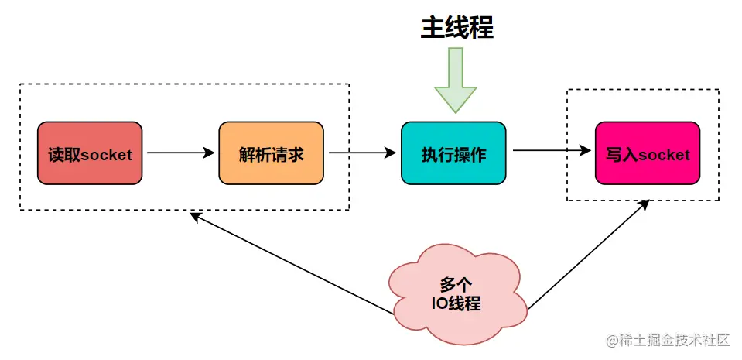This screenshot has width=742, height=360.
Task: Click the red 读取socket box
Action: (x=90, y=153)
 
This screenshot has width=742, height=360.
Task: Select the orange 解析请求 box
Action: (x=271, y=153)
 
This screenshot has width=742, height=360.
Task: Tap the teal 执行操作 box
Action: (x=453, y=153)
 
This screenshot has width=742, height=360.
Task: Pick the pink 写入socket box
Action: (x=648, y=153)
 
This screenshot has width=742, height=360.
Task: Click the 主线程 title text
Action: (x=456, y=28)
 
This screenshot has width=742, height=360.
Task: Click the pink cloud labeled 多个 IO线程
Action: (x=456, y=290)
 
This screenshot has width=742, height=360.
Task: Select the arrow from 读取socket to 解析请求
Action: (x=180, y=153)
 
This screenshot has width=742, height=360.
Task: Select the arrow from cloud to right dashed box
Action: (x=588, y=255)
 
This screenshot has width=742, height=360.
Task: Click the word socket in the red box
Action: (x=106, y=155)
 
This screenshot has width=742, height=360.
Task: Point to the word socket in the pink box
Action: (x=663, y=154)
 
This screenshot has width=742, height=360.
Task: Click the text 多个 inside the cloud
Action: (x=456, y=283)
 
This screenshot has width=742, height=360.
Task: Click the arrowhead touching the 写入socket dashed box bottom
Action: (x=645, y=205)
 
